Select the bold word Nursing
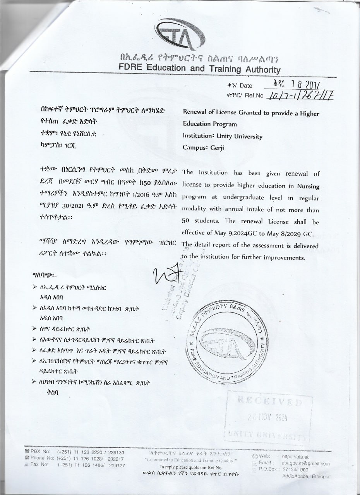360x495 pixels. point(308,186)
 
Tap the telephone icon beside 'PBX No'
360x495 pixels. point(27,452)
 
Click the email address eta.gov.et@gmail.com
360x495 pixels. point(305,463)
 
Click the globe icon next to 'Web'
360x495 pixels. point(255,457)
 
